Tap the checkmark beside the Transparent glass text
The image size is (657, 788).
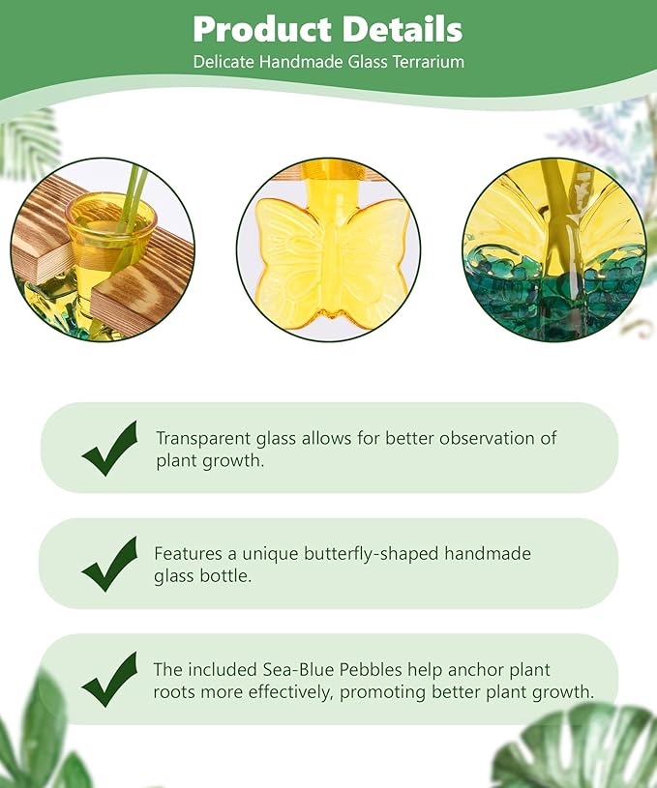pos(109,448)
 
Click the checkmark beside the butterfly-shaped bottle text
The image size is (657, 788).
pos(109,564)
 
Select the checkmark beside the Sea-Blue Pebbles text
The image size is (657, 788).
pos(109,679)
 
